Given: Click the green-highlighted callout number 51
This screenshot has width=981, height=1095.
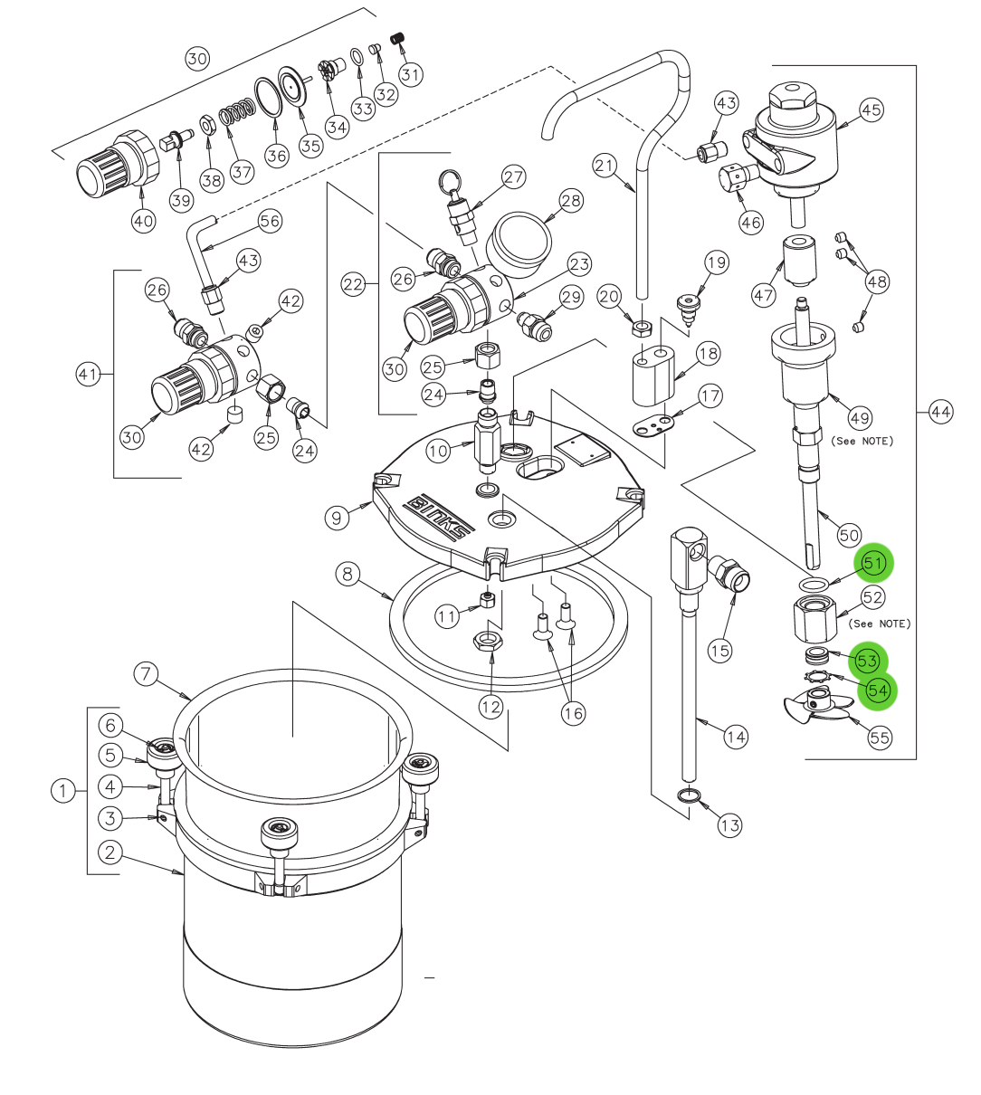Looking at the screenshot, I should tap(872, 563).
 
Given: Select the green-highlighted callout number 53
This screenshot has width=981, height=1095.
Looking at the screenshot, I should tap(867, 662).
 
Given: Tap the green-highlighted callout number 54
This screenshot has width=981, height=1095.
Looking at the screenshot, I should tap(877, 690).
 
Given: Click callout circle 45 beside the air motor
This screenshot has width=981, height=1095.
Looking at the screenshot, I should tap(871, 109).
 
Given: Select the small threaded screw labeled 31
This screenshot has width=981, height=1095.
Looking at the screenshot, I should tap(396, 38).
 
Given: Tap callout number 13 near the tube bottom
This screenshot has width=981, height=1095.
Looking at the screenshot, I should tap(729, 824).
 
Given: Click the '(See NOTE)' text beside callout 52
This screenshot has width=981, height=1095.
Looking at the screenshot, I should tap(879, 624).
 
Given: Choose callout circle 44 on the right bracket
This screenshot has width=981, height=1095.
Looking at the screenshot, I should tap(941, 413).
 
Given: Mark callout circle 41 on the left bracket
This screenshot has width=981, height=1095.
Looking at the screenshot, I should tap(88, 374).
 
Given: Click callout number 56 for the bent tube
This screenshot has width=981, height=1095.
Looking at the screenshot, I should tap(270, 221).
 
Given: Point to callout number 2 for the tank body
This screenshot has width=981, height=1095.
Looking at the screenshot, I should tap(110, 852).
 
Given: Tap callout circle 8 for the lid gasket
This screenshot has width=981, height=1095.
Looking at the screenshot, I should tap(348, 574).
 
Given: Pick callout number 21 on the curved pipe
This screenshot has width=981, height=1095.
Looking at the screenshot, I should tap(605, 165).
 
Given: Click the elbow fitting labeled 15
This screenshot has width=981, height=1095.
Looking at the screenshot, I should tap(729, 576).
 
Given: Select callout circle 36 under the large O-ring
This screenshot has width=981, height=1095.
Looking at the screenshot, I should tap(276, 156).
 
